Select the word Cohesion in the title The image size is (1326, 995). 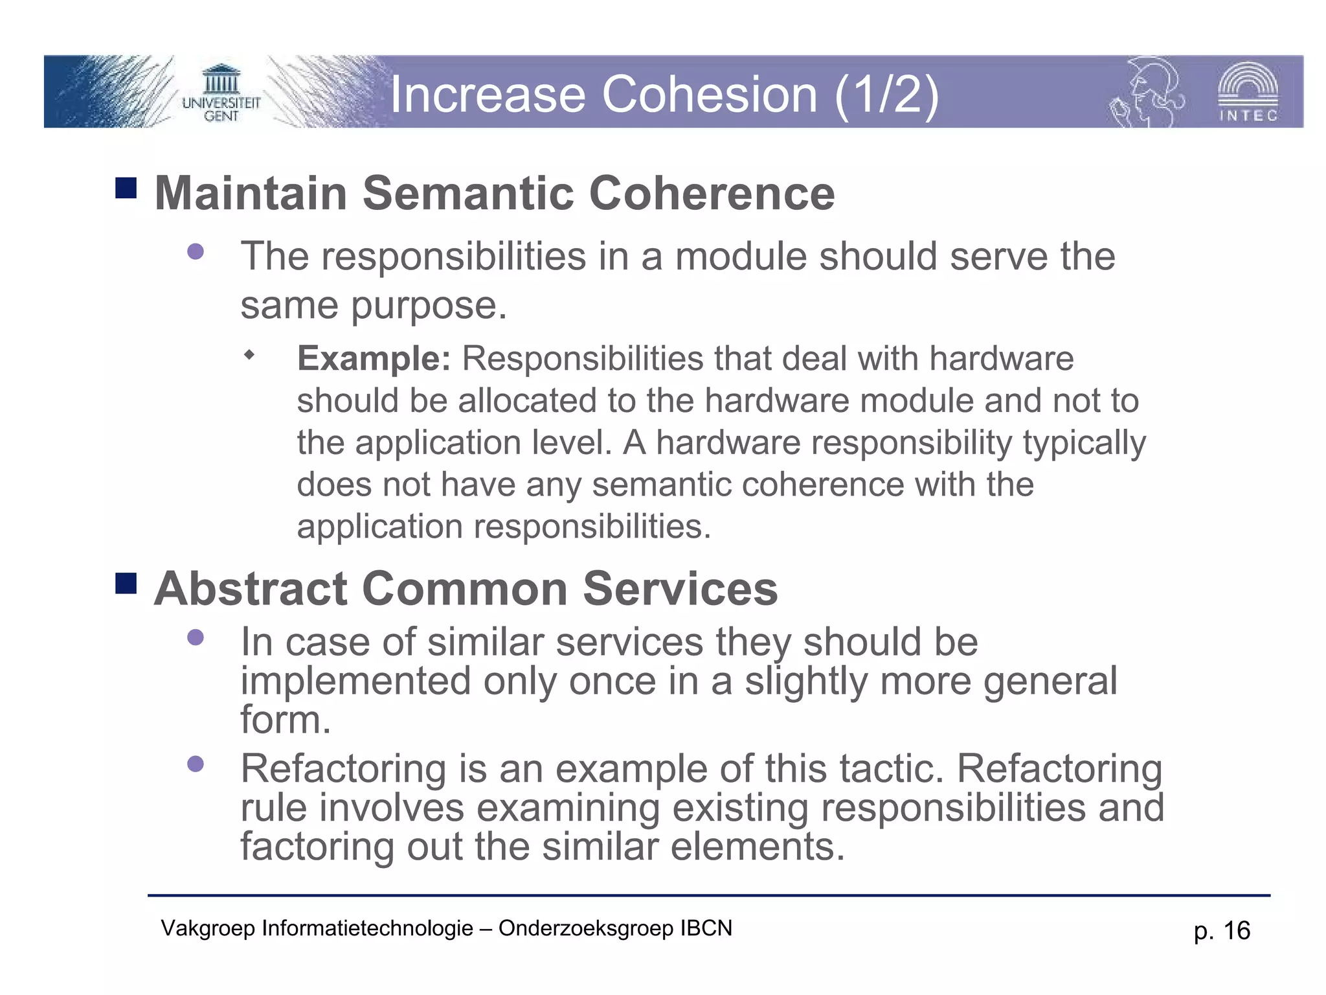(x=710, y=95)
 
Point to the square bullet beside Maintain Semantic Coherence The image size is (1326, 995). (x=126, y=189)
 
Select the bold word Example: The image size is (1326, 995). (x=374, y=358)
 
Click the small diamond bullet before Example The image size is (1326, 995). (x=249, y=354)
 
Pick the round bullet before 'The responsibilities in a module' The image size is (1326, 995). (x=196, y=251)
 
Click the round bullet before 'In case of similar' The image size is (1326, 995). (x=196, y=637)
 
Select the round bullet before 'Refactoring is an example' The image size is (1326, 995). (x=196, y=764)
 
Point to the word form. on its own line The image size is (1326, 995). (x=285, y=720)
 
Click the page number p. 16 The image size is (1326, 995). (x=1221, y=930)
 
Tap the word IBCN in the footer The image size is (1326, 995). (x=706, y=928)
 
